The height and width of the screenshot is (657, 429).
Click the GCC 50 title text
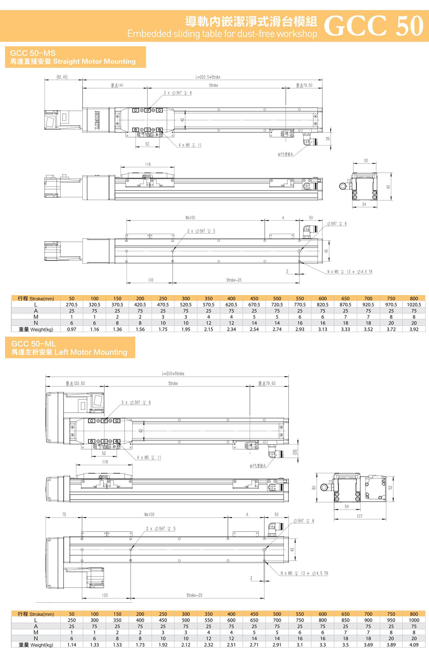(x=373, y=26)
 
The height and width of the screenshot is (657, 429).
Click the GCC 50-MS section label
(x=32, y=53)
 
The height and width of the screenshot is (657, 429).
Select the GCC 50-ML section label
(x=33, y=344)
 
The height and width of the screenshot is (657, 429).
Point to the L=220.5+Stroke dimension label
(x=208, y=77)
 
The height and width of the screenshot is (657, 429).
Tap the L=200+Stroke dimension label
(x=173, y=374)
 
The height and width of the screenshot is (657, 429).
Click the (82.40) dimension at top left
(x=62, y=77)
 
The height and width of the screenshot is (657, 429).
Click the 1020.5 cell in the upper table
(x=414, y=305)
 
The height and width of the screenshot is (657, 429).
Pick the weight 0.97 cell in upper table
(x=72, y=329)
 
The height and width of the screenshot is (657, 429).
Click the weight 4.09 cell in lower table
(x=414, y=645)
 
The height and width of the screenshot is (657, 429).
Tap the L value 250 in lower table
(x=72, y=620)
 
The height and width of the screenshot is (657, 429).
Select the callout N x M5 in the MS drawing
(x=349, y=272)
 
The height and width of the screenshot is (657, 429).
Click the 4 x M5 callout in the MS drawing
(x=190, y=145)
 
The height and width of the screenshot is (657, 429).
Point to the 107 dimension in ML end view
(x=359, y=516)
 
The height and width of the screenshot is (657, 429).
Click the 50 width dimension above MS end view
(x=366, y=160)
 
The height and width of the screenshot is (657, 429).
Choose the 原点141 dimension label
(x=117, y=85)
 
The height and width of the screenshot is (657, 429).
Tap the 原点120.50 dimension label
(x=75, y=383)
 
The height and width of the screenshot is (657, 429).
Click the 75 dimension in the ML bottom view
(x=64, y=514)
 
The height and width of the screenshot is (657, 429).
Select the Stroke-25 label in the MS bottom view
(x=234, y=280)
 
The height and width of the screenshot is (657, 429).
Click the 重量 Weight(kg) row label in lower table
(x=36, y=645)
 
